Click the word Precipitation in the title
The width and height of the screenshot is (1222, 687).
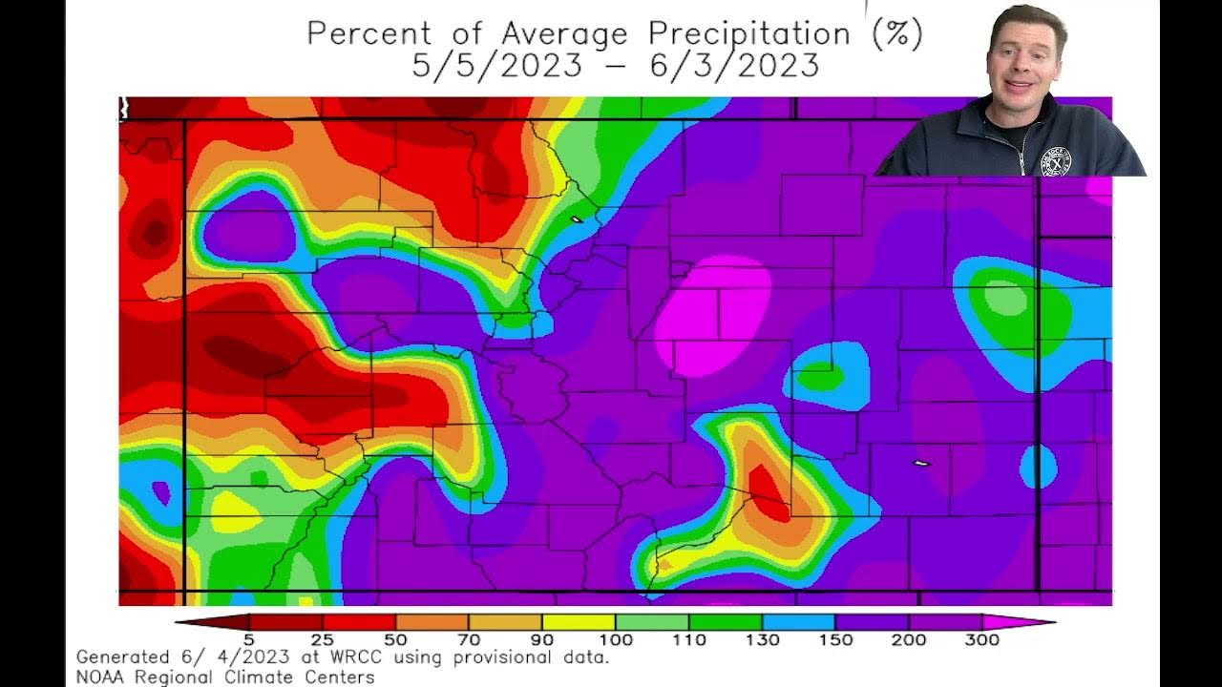748,34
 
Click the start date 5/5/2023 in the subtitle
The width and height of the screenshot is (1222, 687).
497,66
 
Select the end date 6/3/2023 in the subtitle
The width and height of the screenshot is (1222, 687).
735,66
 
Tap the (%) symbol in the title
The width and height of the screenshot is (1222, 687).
897,34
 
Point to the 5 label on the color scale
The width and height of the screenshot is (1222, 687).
248,640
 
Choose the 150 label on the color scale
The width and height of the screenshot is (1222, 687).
835,640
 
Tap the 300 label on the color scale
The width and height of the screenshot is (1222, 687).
981,640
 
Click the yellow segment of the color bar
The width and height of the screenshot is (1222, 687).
579,622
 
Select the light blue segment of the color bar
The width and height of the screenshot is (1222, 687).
799,622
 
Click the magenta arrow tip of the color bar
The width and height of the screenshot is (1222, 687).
1022,622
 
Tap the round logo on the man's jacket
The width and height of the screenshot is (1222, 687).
1055,161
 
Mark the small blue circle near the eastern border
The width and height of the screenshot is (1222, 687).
1038,467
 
